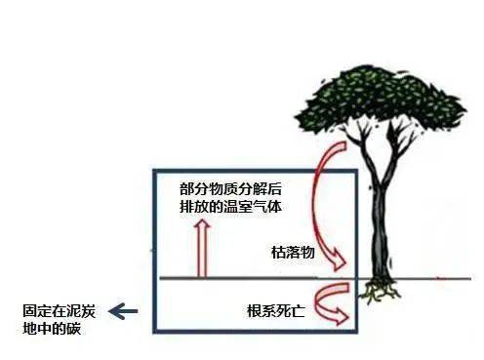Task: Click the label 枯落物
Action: click(293, 252)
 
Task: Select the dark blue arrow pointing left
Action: click(123, 312)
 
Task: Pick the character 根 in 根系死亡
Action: click(253, 311)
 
